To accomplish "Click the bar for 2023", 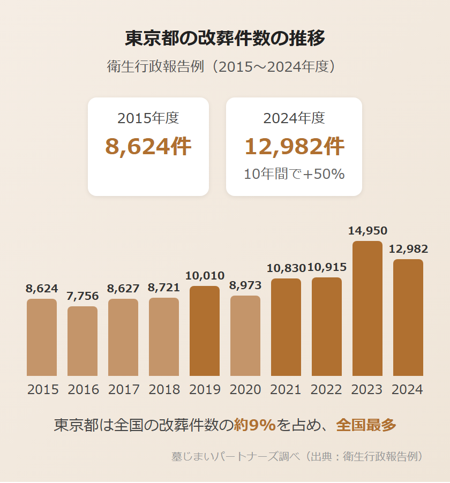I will (367, 308).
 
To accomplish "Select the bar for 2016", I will (82, 341).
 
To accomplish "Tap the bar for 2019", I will (205, 331).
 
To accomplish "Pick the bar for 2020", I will (245, 336).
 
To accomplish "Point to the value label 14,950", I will (367, 231).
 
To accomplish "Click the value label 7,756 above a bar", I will (82, 296).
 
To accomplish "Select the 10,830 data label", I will (286, 268).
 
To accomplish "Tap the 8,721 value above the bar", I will (164, 288).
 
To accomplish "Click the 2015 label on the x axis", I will (42, 390).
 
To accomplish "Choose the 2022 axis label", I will (326, 390).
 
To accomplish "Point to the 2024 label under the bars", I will (408, 390).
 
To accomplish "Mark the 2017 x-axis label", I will (124, 390).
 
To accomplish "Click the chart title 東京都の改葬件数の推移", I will (225, 39).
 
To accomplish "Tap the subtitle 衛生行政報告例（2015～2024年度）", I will (225, 67).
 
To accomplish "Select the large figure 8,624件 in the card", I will (148, 146).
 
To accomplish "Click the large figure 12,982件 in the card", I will (294, 146).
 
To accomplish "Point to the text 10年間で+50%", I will (294, 174).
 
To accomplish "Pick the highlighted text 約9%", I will (254, 425).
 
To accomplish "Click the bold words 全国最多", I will (366, 425).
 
